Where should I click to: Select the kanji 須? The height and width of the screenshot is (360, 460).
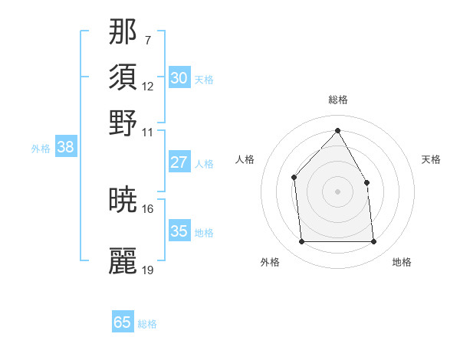123,77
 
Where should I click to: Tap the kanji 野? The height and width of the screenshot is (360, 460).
123,123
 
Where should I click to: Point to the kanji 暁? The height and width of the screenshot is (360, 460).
123,200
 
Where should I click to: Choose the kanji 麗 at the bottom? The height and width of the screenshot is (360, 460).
123,260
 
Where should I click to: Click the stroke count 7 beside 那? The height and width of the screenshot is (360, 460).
147,39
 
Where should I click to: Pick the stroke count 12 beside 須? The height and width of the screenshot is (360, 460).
148,86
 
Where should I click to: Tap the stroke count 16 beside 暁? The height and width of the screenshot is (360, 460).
148,208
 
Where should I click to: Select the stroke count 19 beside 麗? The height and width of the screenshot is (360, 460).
148,270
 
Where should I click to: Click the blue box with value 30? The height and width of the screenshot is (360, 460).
179,77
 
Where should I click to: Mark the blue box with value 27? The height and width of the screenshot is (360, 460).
179,162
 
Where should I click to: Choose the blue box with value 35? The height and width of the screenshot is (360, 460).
179,231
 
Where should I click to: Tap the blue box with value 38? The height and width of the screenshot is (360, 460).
65,148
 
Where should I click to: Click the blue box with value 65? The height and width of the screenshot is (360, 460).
123,322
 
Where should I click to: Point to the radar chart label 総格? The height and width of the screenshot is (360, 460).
338,100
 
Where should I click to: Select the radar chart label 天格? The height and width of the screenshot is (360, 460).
432,159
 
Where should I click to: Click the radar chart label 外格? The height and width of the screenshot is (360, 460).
270,262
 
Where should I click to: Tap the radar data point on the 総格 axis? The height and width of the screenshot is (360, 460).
337,130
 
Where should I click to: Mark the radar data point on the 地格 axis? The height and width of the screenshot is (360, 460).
373,242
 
